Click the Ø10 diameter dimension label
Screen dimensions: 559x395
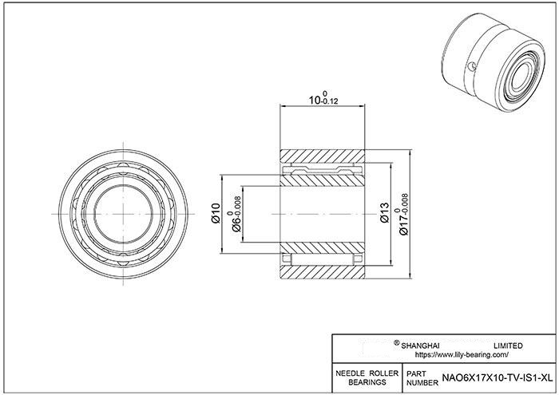tap(216, 213)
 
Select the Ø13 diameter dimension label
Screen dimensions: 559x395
tap(385, 212)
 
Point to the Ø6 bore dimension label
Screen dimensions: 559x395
tap(236, 215)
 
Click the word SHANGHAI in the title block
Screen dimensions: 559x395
tap(420, 346)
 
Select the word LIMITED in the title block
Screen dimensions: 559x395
tap(508, 346)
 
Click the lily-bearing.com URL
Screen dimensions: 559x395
tap(462, 355)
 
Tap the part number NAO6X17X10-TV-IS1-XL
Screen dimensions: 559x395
tap(498, 378)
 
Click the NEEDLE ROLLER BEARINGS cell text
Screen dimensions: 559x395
tap(367, 377)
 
